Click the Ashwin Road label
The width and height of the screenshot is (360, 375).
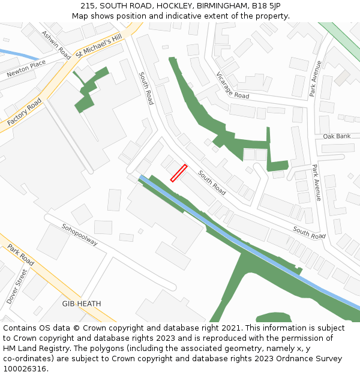click(56, 45)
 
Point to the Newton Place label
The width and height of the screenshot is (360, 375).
click(26, 69)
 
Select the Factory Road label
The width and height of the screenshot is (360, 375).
click(25, 112)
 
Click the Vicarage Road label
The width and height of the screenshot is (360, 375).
click(232, 85)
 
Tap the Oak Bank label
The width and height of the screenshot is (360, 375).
click(337, 136)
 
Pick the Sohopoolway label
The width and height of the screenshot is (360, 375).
click(80, 234)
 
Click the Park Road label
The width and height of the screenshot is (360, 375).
click(21, 254)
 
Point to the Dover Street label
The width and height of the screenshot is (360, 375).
click(17, 286)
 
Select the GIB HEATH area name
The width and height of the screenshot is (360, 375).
click(82, 304)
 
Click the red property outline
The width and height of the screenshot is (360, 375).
click(179, 173)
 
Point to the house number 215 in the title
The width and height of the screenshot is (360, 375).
click(88, 6)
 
